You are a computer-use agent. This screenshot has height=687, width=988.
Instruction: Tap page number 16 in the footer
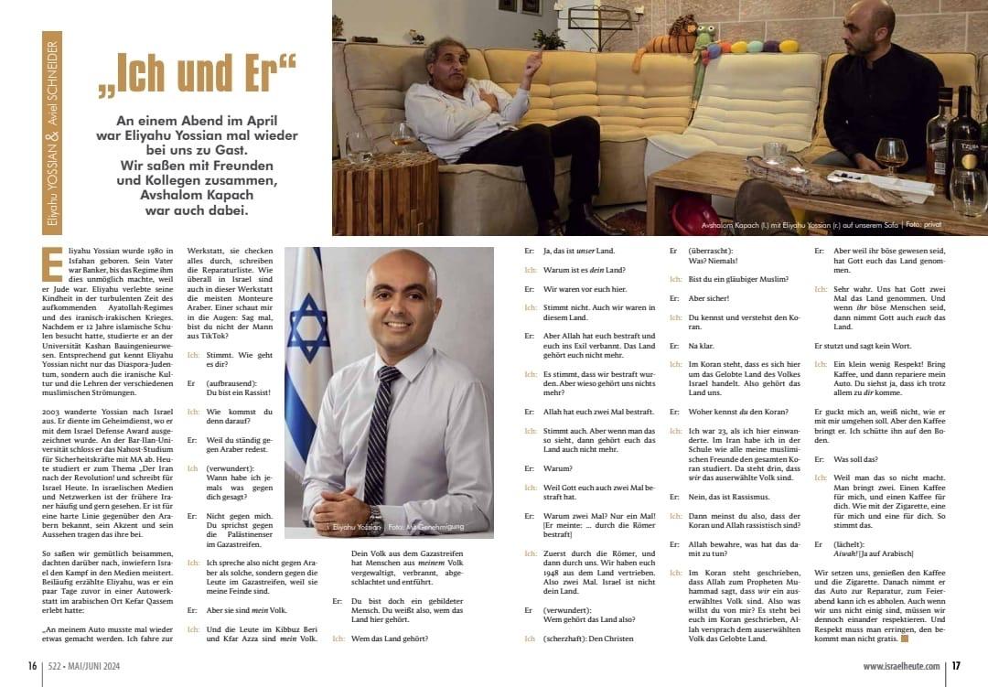(x=32, y=666)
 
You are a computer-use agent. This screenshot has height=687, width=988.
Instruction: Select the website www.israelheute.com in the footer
(x=900, y=666)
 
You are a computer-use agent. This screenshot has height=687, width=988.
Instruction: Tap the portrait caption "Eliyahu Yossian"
(x=355, y=529)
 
